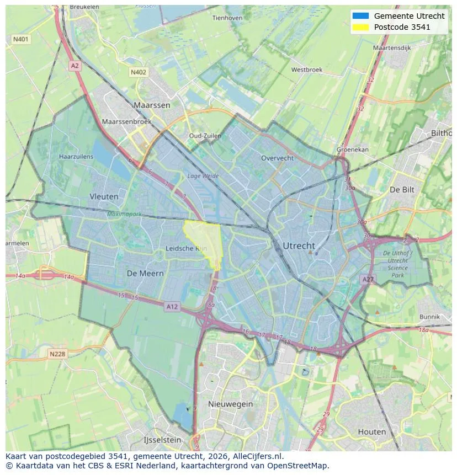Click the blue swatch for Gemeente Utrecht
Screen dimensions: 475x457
click(360, 16)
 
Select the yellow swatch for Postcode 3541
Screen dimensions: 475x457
click(360, 27)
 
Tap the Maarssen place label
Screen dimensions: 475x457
click(152, 105)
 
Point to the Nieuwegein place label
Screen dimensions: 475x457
click(230, 404)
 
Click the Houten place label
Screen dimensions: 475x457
click(372, 431)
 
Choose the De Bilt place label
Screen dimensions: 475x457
click(402, 189)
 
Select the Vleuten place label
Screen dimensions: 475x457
click(104, 196)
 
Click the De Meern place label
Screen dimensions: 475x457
click(145, 273)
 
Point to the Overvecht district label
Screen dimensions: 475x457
click(277, 158)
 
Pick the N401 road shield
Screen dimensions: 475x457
click(20, 39)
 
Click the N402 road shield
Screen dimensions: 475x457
click(139, 72)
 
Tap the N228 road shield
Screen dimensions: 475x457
click(57, 354)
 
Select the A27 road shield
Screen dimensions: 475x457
click(368, 280)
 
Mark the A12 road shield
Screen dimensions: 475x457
click(172, 307)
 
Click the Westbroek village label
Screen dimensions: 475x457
click(306, 70)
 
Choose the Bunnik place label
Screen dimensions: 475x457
click(429, 317)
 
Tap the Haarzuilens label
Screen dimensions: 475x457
click(76, 157)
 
